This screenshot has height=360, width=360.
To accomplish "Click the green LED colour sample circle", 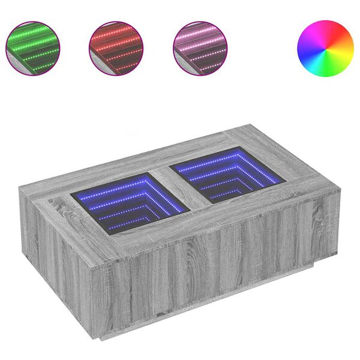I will tap(32, 48).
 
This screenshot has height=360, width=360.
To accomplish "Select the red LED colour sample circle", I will tap(116, 48).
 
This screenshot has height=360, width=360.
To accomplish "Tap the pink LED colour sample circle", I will tap(200, 48).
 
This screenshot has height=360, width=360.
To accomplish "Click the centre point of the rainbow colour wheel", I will tap(325, 48).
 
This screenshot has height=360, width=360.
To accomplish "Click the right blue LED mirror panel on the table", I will tap(225, 174).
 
